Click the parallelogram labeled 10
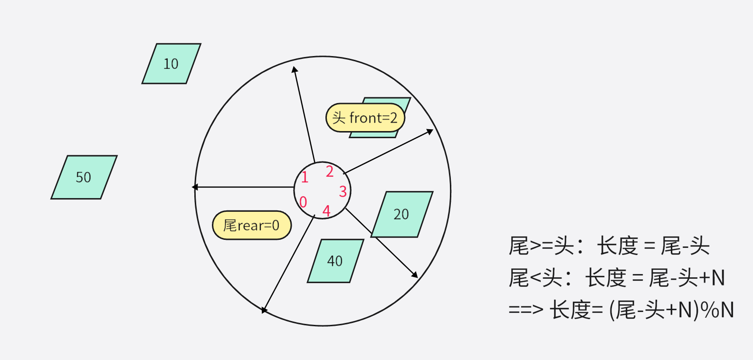171,64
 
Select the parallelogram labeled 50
84,177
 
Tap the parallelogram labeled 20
402,214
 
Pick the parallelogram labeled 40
335,261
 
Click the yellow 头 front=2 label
365,118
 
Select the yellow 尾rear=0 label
251,225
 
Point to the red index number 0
303,202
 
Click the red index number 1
305,178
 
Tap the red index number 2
329,171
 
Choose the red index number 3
343,191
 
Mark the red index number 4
326,210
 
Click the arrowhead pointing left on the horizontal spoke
195,187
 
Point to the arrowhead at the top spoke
295,70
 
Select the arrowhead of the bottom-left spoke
265,310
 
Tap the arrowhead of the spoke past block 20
415,275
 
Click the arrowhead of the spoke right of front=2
430,131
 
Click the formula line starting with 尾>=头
609,246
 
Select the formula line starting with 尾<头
617,278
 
